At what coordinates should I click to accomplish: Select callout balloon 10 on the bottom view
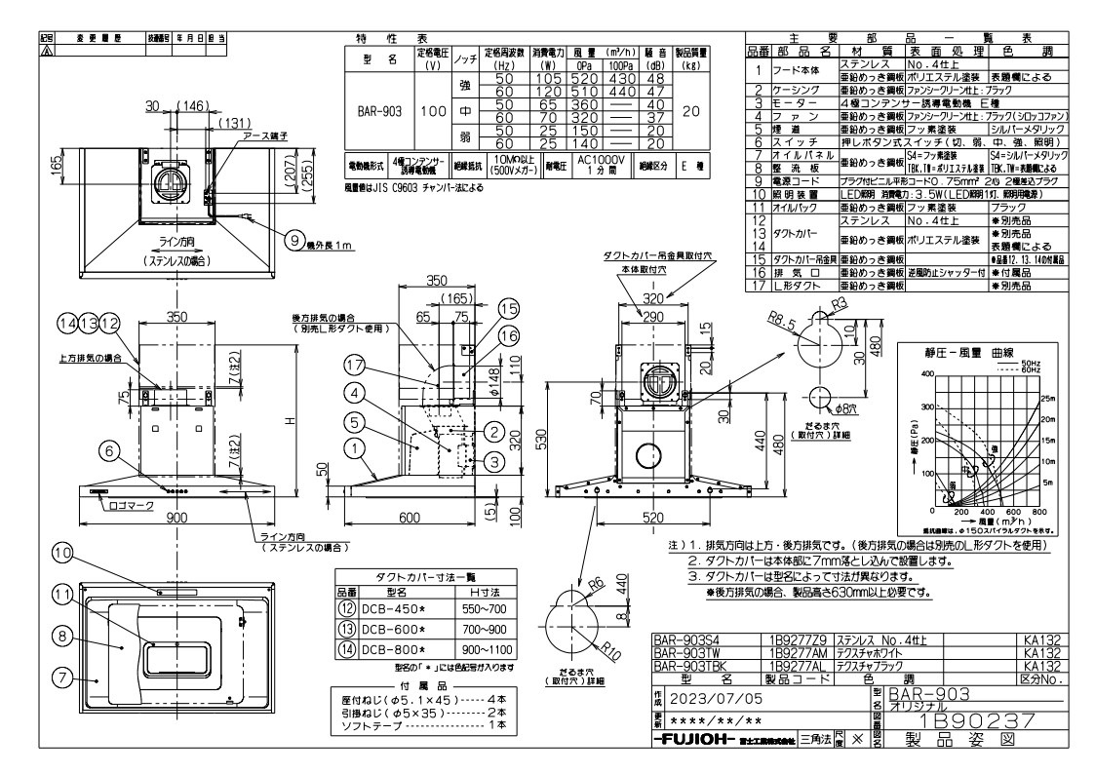point(60,554)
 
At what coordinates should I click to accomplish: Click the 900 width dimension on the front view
point(176,518)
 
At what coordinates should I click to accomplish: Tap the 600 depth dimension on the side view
point(406,518)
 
